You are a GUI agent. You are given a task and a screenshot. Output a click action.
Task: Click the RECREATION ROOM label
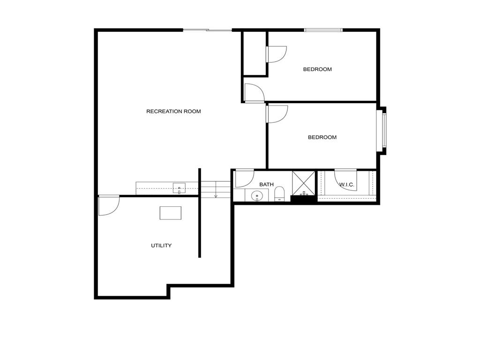coord(173,112)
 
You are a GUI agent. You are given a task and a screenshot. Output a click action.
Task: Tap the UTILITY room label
coord(161,246)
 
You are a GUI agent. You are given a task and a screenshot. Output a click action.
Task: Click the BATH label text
coord(266,185)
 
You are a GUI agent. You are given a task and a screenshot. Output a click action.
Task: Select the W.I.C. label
coord(346,185)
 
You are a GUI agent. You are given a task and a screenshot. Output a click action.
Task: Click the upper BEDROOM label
coord(317,69)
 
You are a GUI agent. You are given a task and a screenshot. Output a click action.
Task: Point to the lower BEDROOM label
coord(322,137)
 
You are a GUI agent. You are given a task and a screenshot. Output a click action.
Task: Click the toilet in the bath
coord(279,194)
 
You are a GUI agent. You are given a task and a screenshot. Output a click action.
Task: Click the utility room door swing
coord(109,205)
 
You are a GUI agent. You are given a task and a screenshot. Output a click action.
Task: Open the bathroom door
coord(244,178)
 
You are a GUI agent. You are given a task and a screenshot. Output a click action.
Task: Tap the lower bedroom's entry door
coord(276,114)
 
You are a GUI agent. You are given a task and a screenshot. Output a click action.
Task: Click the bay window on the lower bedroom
coord(384,130)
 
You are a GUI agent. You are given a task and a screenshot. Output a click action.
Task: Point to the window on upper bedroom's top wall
coord(323,30)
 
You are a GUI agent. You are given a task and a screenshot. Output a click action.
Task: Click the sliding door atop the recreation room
coord(207,30)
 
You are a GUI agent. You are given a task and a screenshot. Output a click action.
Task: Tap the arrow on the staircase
coord(216,195)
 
